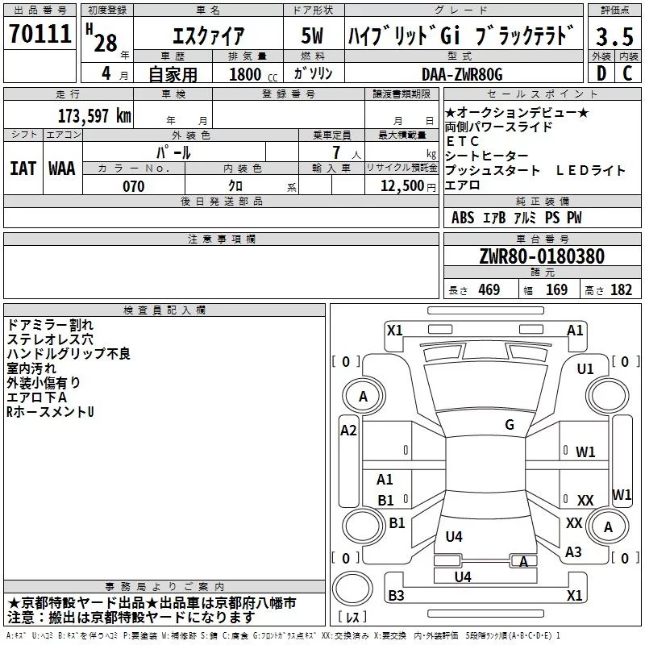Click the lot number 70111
click(x=40, y=33)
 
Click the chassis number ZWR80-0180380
click(x=542, y=257)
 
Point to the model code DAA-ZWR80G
click(x=462, y=74)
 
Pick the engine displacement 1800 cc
click(x=248, y=74)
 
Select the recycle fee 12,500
click(x=402, y=186)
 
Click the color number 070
click(x=134, y=186)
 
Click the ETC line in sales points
click(x=463, y=141)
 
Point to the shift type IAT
click(x=23, y=169)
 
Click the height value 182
click(x=621, y=290)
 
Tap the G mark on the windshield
click(x=509, y=424)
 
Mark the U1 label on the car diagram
click(x=585, y=368)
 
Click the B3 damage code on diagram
click(x=396, y=595)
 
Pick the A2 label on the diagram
click(x=348, y=430)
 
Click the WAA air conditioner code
click(x=62, y=169)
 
